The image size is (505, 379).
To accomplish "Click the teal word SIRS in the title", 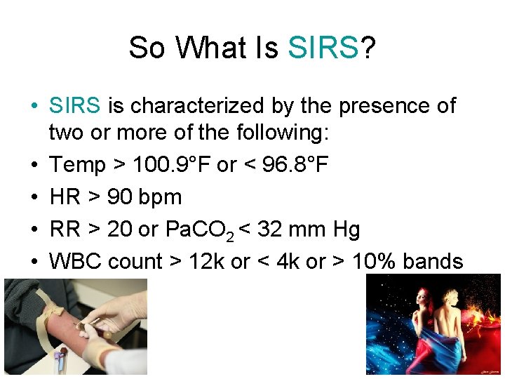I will tap(323, 48).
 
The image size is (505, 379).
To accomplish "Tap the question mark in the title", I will tap(368, 48).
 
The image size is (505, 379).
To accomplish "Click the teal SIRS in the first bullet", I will tap(76, 106).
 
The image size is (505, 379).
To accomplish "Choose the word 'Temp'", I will tap(77, 166).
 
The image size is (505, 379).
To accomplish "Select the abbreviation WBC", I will tap(75, 261).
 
